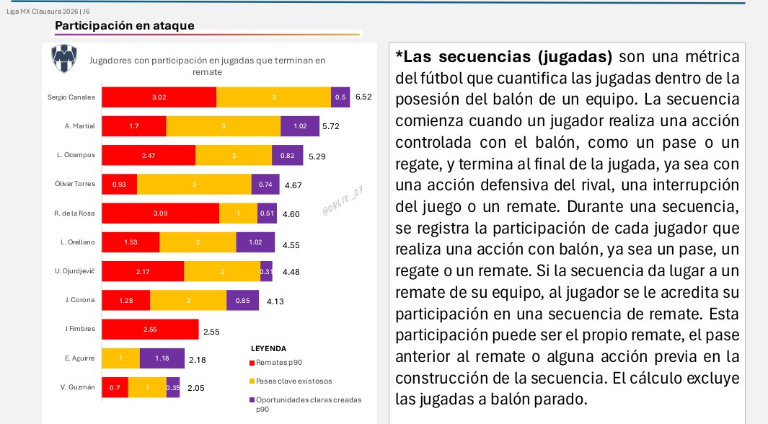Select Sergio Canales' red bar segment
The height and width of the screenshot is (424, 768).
click(159, 97)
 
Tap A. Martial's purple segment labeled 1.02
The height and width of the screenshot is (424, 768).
click(301, 126)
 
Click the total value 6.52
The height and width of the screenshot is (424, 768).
click(363, 97)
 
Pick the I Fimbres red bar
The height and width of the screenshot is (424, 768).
click(150, 330)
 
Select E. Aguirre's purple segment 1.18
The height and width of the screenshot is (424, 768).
click(161, 358)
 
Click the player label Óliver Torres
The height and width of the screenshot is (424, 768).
click(75, 184)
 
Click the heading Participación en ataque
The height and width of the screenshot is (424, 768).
click(125, 26)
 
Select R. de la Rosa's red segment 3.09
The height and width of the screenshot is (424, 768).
click(160, 213)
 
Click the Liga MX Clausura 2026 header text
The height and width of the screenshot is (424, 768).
click(48, 11)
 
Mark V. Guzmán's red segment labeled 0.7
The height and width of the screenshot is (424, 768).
click(115, 388)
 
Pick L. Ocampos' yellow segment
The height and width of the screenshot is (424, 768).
click(233, 156)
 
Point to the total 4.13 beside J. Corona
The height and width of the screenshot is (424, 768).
click(275, 301)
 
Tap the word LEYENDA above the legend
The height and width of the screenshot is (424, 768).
click(268, 348)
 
